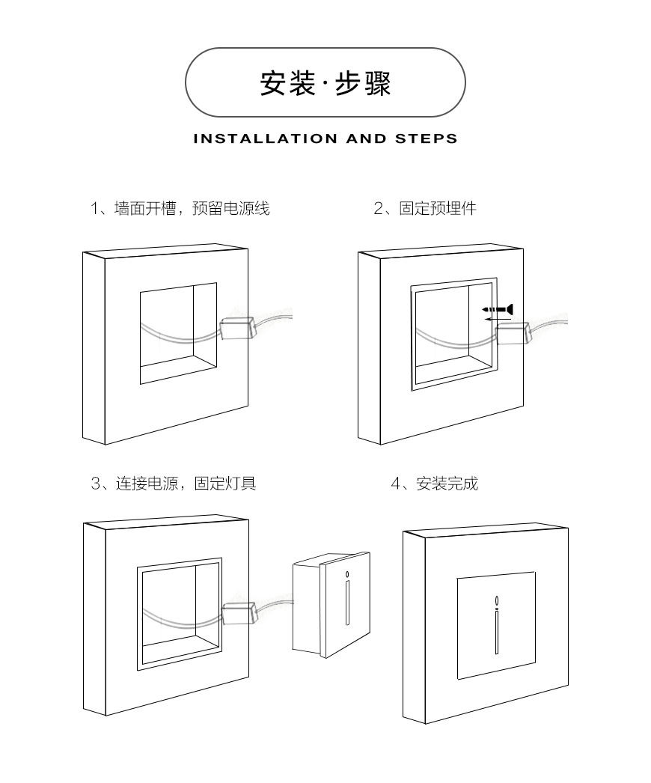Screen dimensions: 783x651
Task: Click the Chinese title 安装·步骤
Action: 325,84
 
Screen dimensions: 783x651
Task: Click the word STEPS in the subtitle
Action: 426,138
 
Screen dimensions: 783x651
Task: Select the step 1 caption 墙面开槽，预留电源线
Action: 180,209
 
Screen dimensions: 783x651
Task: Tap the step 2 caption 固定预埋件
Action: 425,209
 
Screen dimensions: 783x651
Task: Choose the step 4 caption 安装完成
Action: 435,484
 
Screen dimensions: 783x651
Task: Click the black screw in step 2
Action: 498,308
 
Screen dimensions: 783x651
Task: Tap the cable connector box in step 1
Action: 238,328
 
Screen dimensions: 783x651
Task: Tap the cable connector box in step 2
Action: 513,332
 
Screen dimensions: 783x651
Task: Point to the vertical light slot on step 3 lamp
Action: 347,603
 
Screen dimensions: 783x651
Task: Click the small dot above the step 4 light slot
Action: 495,600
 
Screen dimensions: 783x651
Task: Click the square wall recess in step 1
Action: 178,333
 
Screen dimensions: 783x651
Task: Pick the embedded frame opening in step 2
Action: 453,335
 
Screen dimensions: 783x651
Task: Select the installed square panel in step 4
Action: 496,625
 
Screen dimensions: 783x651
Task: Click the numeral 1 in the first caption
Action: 94,209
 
